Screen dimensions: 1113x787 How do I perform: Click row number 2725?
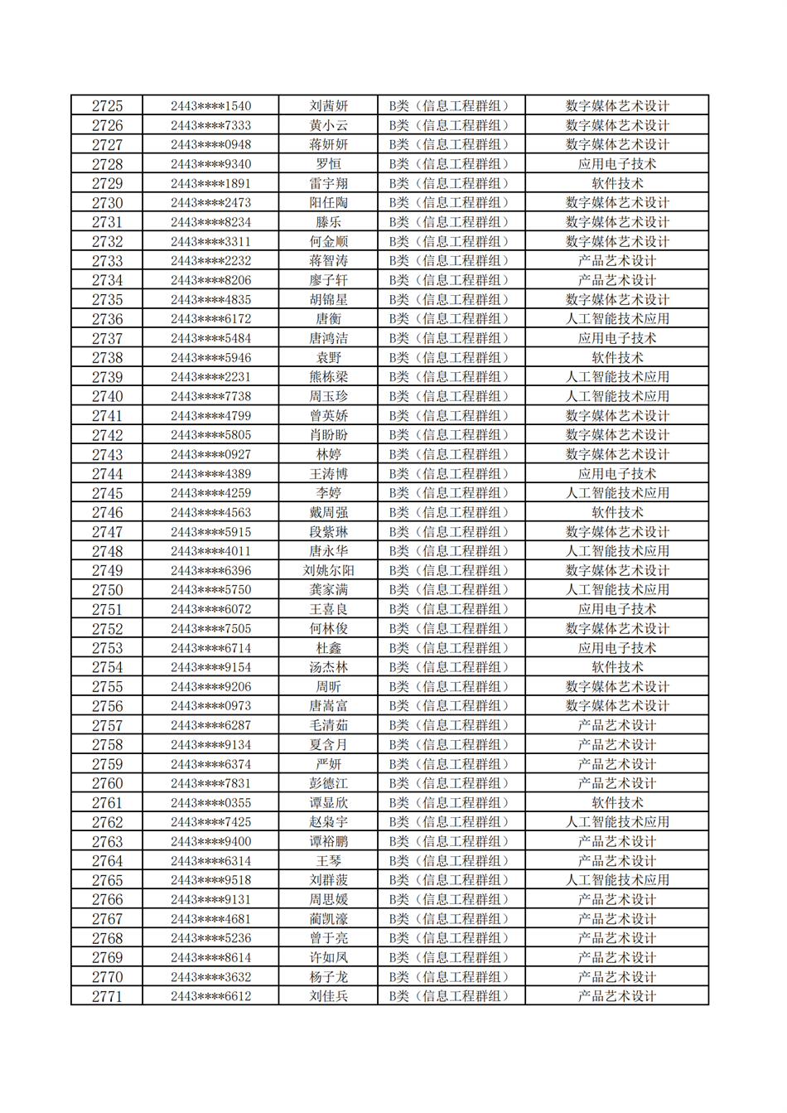click(107, 106)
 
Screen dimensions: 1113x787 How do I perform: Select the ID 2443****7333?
click(210, 125)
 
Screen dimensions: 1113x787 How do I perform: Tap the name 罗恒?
click(328, 164)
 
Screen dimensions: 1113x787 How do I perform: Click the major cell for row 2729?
click(617, 183)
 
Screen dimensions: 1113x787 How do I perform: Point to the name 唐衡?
click(328, 319)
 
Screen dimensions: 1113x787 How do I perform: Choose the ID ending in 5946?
click(210, 358)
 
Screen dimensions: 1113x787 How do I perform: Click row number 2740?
click(107, 396)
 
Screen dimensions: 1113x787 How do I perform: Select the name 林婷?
click(328, 454)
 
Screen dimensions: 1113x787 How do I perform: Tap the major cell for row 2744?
click(617, 474)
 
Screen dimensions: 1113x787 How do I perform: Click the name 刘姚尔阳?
click(328, 570)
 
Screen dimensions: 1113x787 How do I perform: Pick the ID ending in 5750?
click(210, 590)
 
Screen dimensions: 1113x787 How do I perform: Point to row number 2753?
click(107, 648)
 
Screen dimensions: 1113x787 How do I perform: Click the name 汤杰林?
click(328, 667)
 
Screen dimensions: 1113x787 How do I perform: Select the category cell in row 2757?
click(451, 725)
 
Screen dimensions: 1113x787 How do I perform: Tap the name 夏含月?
click(328, 745)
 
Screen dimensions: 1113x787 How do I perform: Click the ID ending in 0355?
click(210, 803)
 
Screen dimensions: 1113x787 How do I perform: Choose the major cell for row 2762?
click(617, 822)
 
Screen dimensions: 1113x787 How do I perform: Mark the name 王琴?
click(328, 861)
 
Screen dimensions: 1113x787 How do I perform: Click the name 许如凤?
click(328, 957)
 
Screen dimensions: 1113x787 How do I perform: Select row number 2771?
click(107, 996)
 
